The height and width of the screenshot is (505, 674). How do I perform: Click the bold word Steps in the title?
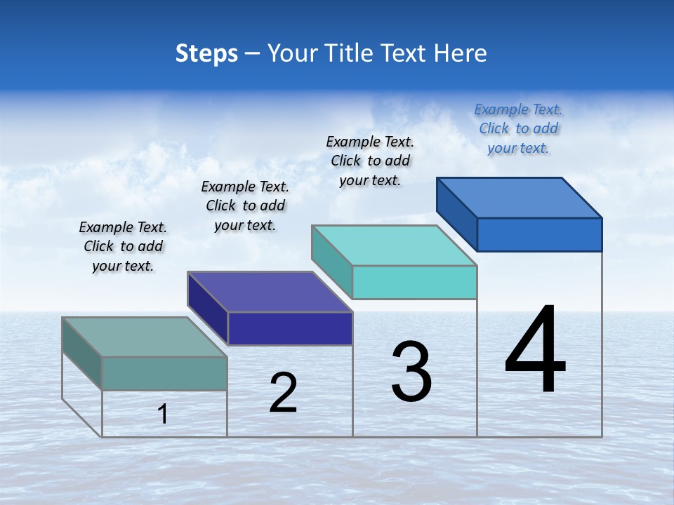pos(206,53)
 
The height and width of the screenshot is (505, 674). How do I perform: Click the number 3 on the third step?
pos(411,372)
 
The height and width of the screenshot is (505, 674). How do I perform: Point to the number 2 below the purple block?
pos(284,393)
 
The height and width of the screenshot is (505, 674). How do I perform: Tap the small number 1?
pos(163,414)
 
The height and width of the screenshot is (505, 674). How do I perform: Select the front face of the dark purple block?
pos(290,328)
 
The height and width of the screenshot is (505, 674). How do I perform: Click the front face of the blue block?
pos(539,234)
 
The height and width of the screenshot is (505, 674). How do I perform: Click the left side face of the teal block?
pos(331,257)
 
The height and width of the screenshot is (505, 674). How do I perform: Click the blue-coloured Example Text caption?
pos(518,128)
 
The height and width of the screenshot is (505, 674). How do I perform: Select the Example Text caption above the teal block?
pos(370,161)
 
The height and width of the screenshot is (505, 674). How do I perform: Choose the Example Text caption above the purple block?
pos(245,206)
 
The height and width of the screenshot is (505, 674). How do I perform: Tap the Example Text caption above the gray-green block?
pos(123,246)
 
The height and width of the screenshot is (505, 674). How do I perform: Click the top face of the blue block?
pos(520,197)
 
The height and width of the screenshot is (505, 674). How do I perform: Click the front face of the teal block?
pos(414,282)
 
